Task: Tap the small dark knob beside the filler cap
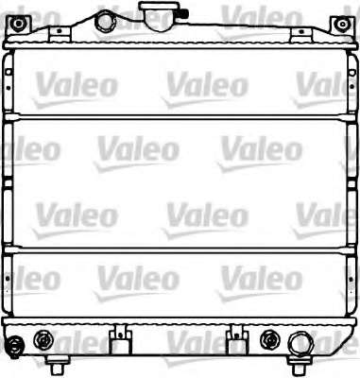(185, 13)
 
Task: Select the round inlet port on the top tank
(105, 21)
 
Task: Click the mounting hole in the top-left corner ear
(18, 24)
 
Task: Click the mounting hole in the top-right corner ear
(341, 24)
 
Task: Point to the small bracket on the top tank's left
(60, 34)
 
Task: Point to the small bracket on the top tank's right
(301, 34)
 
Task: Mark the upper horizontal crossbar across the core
(180, 117)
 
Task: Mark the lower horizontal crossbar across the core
(180, 250)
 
